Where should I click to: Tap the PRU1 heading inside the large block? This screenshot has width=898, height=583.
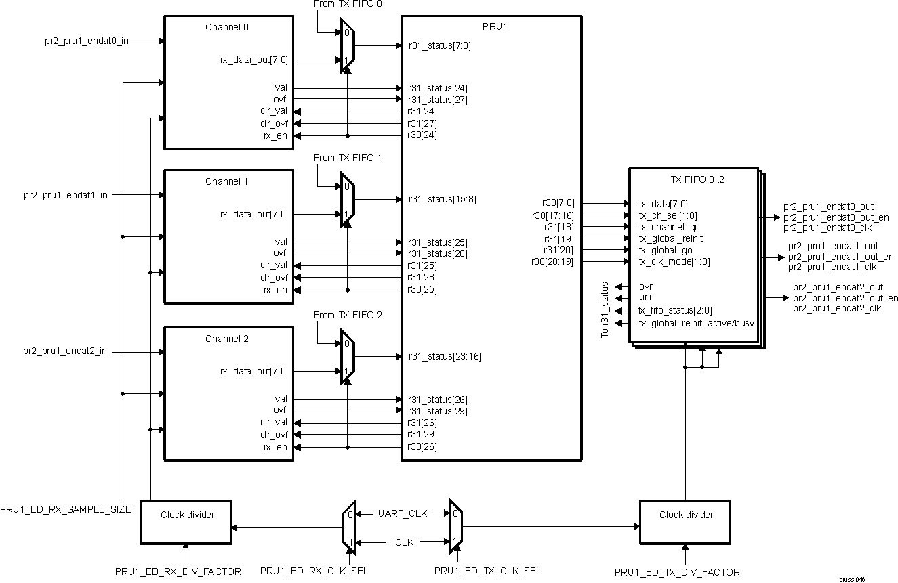point(491,28)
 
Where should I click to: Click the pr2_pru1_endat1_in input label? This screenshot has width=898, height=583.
point(64,195)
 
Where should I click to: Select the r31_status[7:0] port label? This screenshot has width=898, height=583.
point(438,46)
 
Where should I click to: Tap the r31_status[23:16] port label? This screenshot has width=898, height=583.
point(444,356)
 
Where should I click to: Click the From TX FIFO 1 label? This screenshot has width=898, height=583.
point(348,158)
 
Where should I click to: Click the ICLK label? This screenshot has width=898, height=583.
point(404,542)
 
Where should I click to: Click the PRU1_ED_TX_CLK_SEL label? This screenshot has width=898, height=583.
point(488,571)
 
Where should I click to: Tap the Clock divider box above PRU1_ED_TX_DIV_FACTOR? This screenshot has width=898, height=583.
point(685,522)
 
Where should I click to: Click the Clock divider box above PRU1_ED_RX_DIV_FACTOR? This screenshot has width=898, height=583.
point(186,522)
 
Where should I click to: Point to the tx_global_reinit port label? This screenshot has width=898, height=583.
point(670,238)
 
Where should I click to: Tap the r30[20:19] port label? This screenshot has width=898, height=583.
point(553,261)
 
